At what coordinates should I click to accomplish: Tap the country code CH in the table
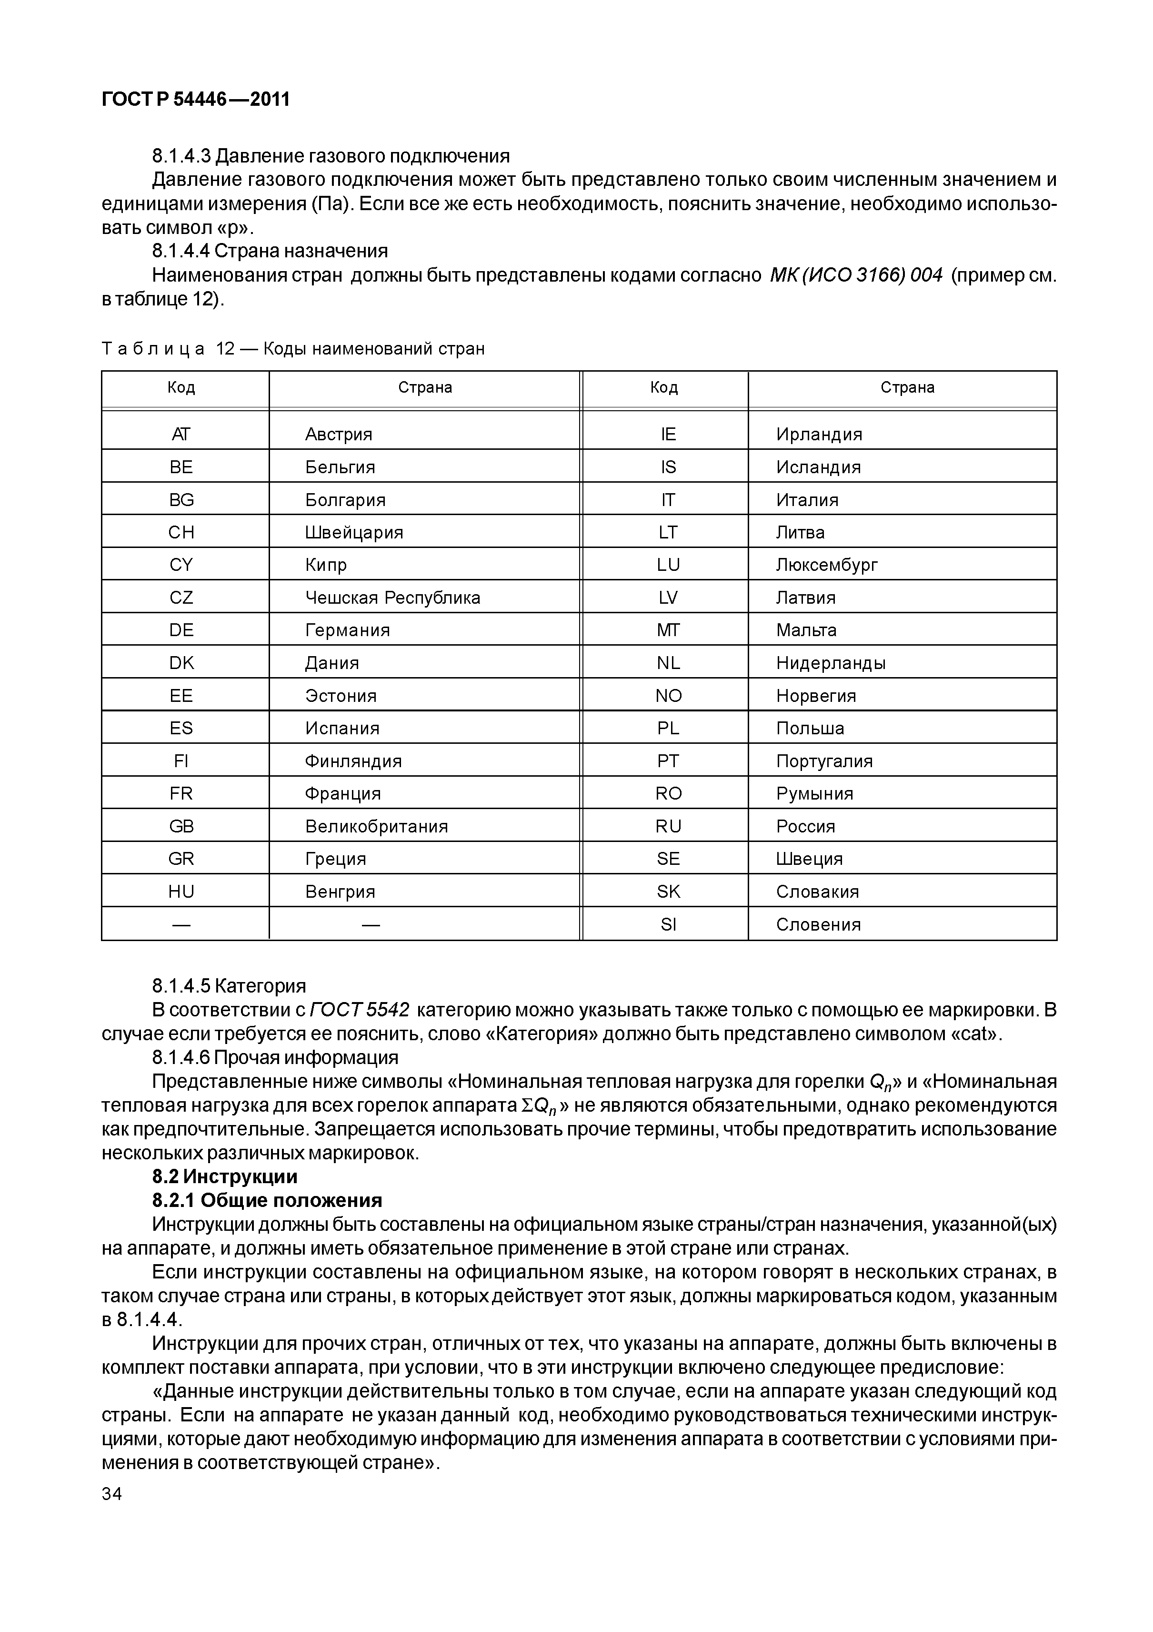181,532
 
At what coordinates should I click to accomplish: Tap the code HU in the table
181,892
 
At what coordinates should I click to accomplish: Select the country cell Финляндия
353,761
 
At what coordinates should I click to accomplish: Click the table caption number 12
225,349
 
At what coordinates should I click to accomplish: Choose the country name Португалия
824,761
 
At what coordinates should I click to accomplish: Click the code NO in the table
668,696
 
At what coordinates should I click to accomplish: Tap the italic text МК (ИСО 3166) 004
855,275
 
